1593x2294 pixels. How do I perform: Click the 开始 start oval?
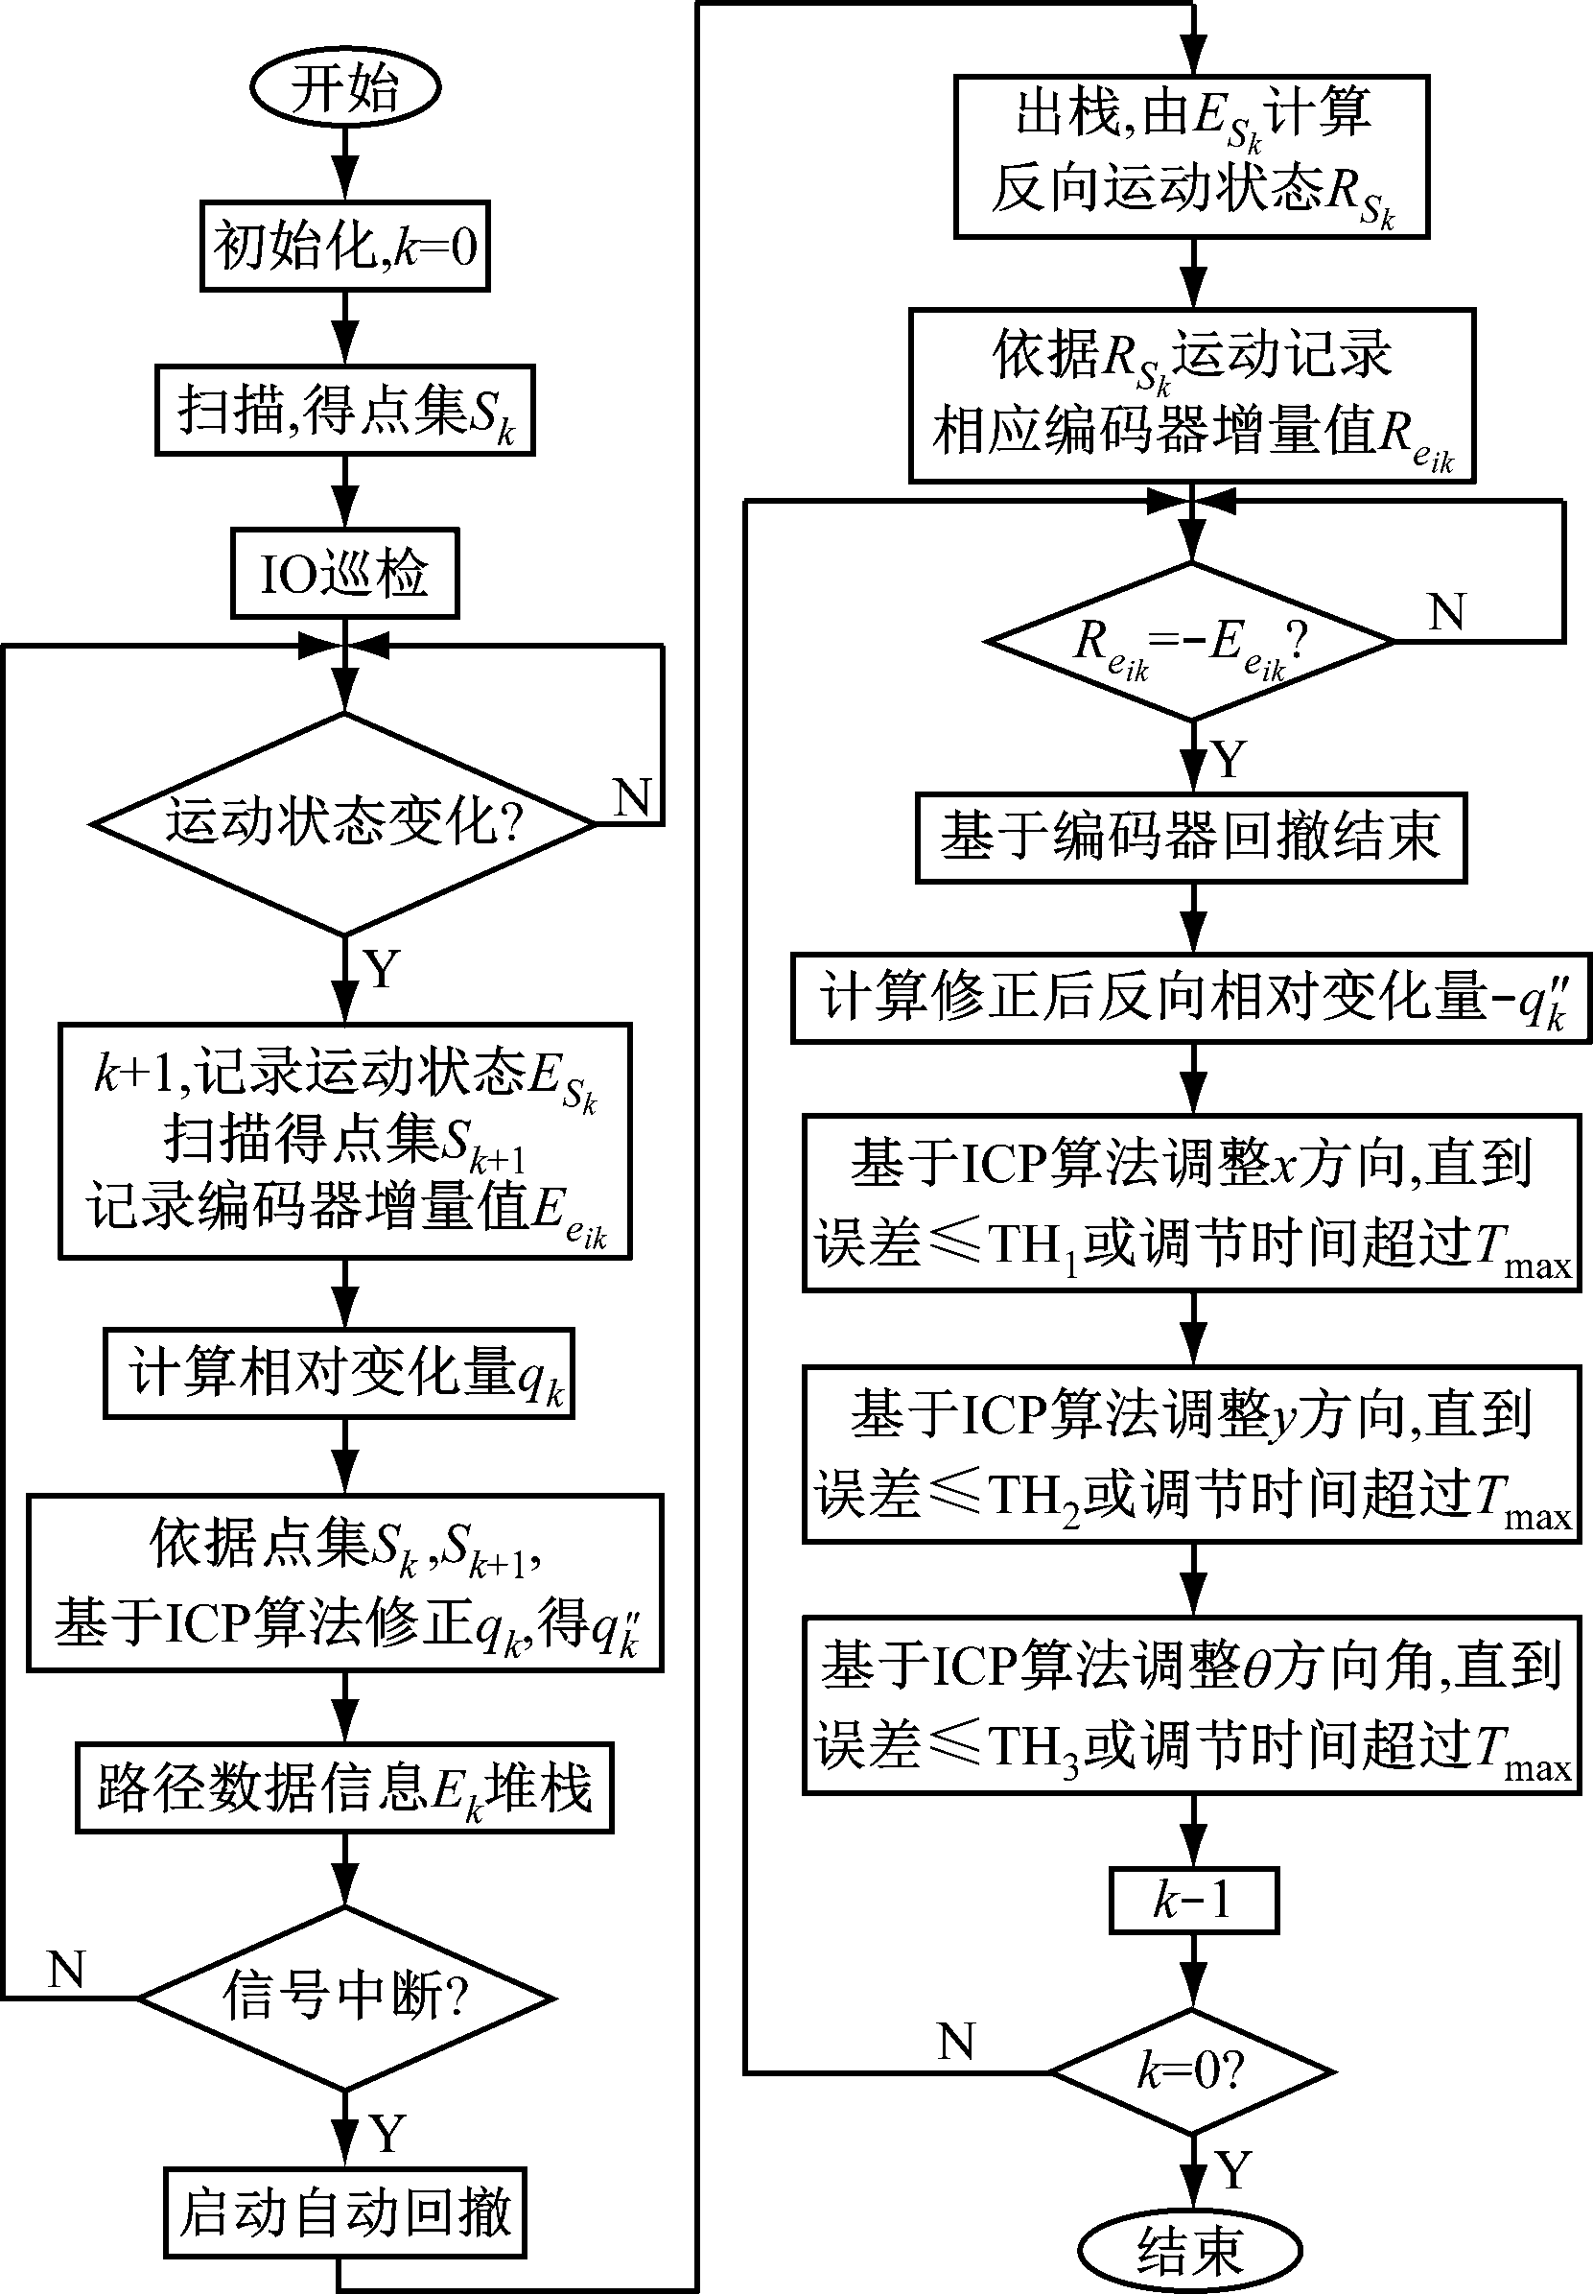[344, 88]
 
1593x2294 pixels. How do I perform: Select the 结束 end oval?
[1191, 2251]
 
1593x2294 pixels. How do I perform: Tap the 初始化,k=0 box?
[344, 246]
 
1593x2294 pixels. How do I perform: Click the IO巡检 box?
[344, 574]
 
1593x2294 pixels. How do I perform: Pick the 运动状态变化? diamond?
[344, 823]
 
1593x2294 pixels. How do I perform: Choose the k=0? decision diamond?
[1193, 2072]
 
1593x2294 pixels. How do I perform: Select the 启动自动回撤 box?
[344, 2211]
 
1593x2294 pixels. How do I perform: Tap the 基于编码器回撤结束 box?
[1191, 838]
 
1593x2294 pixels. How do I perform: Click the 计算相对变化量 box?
[340, 1373]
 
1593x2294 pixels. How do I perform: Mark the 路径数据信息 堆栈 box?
[344, 1787]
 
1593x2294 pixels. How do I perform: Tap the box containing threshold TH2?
[1193, 1455]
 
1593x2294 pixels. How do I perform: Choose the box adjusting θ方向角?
[1193, 1706]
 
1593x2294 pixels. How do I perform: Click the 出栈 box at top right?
[1192, 155]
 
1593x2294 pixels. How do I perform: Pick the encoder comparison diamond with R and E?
[1191, 642]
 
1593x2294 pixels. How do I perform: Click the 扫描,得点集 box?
[344, 411]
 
